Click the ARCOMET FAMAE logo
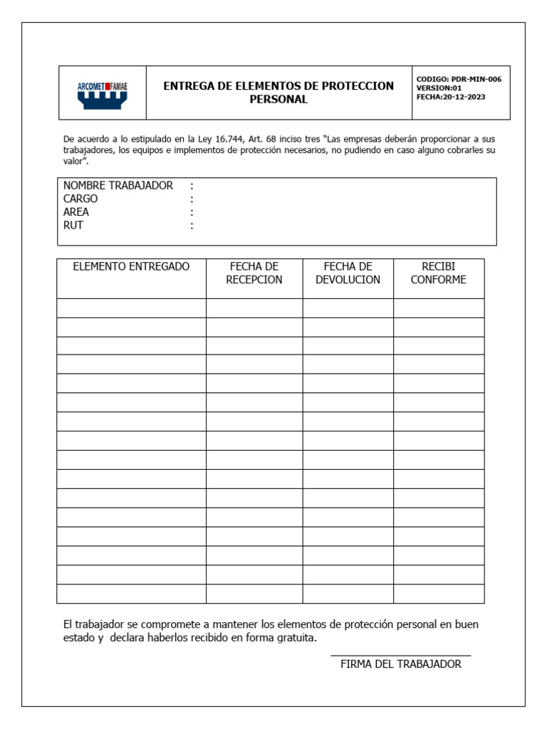[103, 93]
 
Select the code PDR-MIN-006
[476, 79]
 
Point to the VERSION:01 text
[439, 88]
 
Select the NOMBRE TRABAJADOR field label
[118, 186]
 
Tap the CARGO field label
[80, 199]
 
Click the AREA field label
[76, 212]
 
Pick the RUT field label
[73, 226]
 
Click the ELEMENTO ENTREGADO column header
[132, 267]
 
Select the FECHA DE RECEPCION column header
[254, 273]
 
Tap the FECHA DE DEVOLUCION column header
[348, 273]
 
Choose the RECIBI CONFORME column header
[439, 273]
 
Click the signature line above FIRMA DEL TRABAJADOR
[400, 655]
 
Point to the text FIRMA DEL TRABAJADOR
[401, 664]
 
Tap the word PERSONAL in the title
[278, 100]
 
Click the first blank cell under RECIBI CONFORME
[439, 308]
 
